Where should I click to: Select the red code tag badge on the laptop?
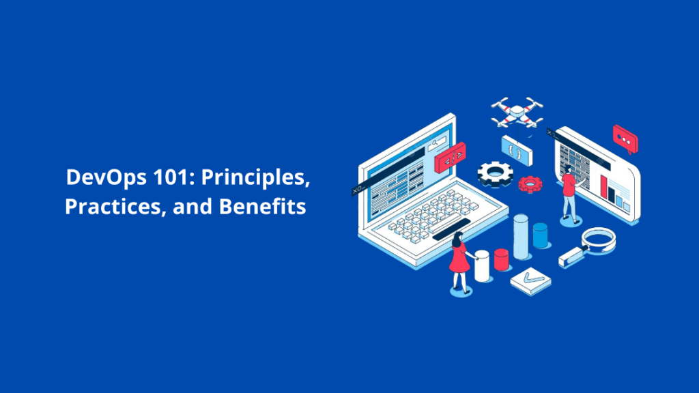[450, 158]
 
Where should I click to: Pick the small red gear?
[530, 183]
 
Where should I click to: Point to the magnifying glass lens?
[599, 239]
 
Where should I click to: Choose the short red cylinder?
[502, 259]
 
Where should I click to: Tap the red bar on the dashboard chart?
[603, 186]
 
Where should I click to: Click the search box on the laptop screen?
[437, 143]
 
